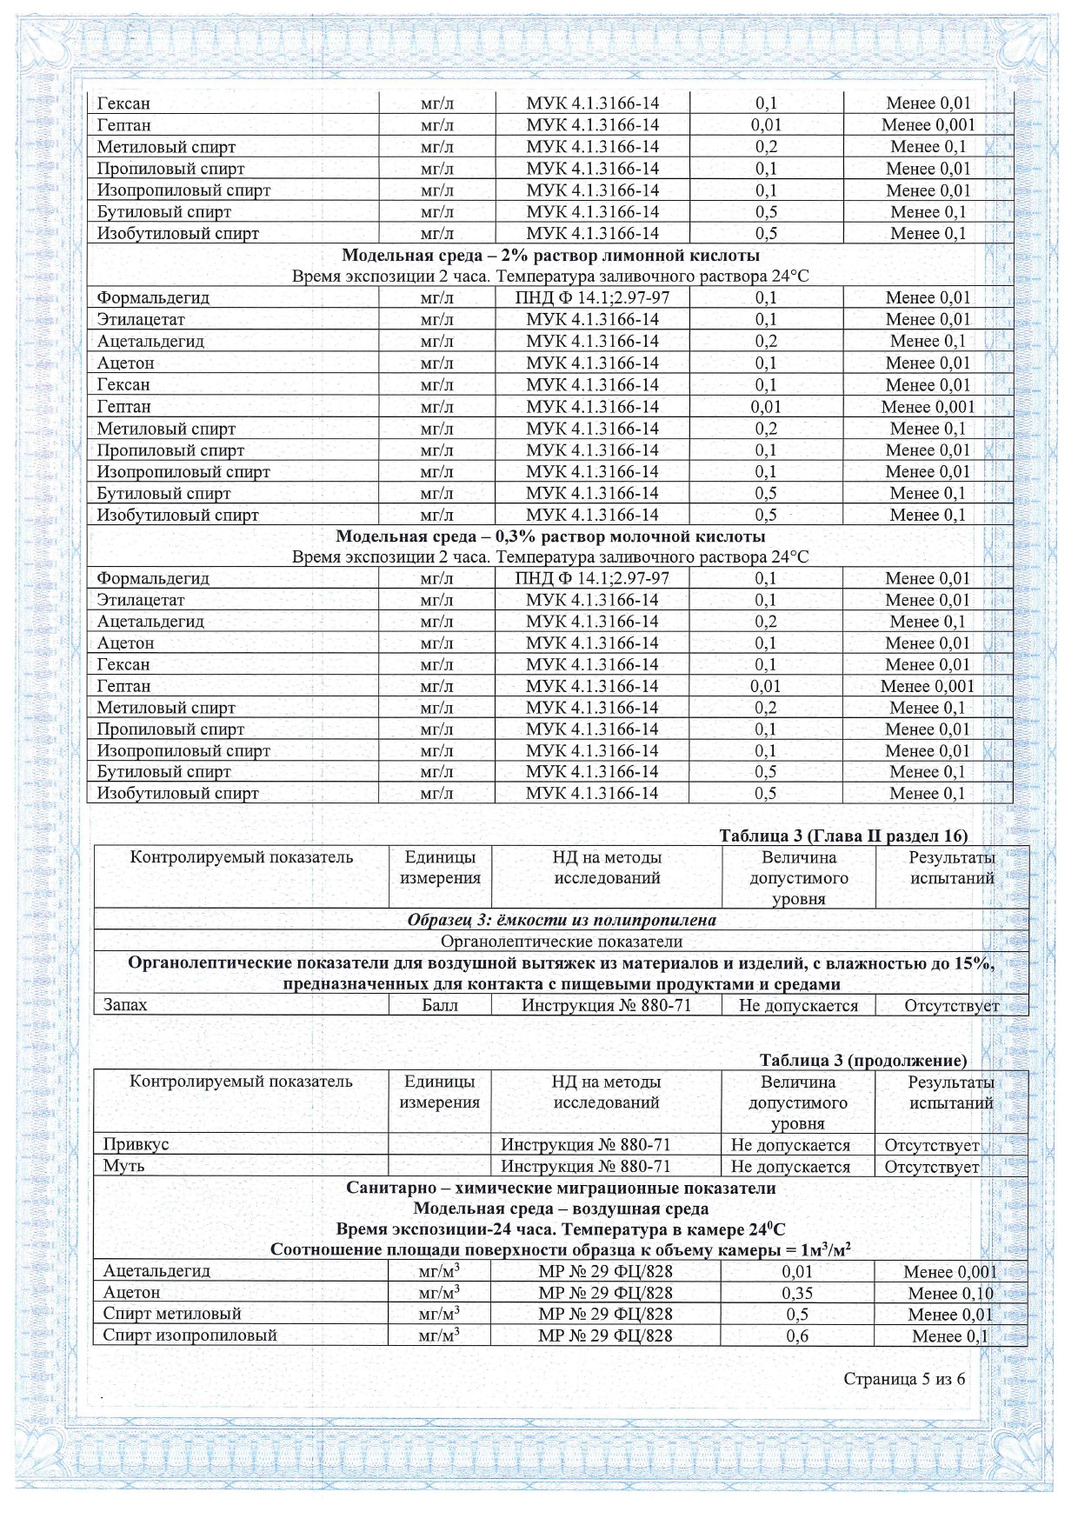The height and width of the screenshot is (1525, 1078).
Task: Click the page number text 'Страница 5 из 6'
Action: (x=903, y=1379)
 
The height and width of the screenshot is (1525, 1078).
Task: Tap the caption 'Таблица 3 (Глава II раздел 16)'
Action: (x=842, y=836)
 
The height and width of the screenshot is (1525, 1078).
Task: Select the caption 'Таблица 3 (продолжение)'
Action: (x=862, y=1060)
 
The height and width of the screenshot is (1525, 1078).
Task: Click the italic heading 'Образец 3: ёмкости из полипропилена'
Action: (x=562, y=920)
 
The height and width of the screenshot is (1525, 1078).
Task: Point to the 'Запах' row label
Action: (x=125, y=1005)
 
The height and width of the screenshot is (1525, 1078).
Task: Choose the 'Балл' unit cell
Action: (x=440, y=1005)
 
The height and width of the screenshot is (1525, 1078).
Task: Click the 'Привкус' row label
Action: (x=136, y=1144)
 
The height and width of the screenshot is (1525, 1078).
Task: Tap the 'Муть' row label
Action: (x=123, y=1166)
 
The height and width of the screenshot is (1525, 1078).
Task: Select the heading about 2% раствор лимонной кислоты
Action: (x=550, y=255)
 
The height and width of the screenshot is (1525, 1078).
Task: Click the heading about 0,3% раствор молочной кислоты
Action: (x=550, y=536)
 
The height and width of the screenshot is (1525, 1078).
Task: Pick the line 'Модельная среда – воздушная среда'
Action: (x=561, y=1209)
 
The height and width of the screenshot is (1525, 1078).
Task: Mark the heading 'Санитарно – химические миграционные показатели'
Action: (x=561, y=1188)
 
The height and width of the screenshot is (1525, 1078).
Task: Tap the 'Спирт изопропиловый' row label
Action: (x=190, y=1335)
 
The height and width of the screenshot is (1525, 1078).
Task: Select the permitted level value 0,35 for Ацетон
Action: (x=797, y=1293)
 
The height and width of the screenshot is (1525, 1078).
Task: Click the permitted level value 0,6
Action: (x=797, y=1335)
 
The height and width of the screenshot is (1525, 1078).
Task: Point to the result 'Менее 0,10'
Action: (x=949, y=1293)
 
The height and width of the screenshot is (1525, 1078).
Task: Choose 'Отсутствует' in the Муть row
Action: (x=931, y=1167)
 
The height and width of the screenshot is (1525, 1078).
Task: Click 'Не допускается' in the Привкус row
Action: (x=790, y=1145)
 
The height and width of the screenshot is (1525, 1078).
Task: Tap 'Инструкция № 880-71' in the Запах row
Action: (x=606, y=1005)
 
